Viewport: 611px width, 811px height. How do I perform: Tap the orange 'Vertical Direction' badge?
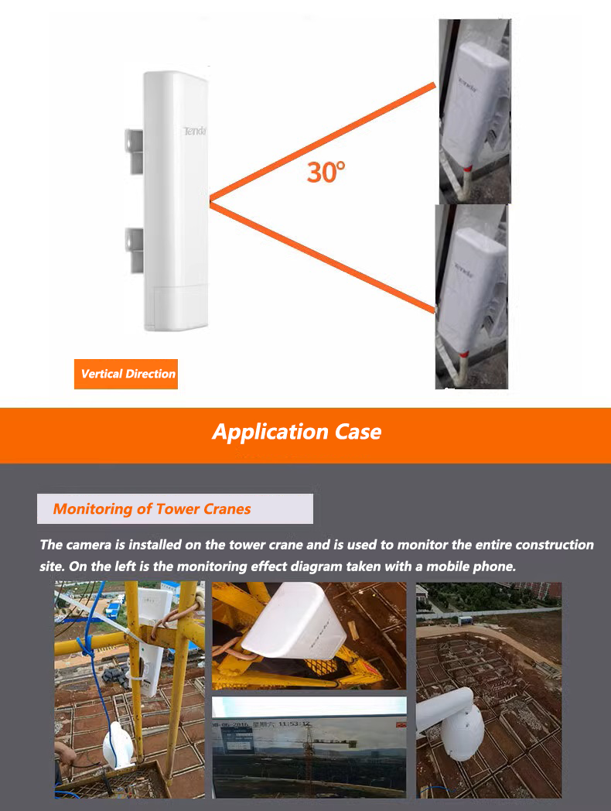[x=128, y=374]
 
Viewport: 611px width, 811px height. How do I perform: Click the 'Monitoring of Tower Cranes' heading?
[x=152, y=508]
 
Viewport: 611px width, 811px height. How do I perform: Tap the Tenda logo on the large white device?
[x=193, y=132]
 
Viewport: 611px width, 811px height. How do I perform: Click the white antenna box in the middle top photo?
[x=294, y=627]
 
